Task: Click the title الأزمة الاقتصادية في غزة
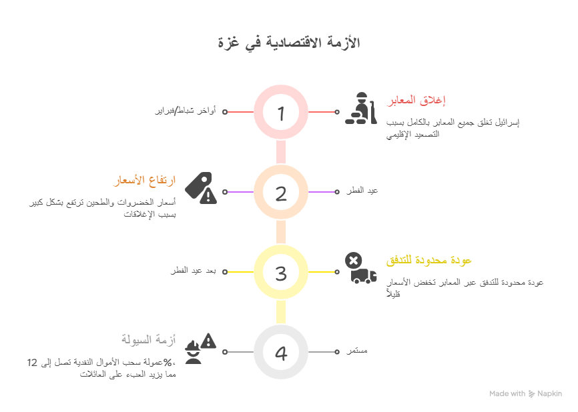(288, 43)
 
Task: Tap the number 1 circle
(281, 112)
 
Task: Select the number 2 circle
(281, 192)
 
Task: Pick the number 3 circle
(281, 272)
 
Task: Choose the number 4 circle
(281, 352)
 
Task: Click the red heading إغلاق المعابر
(416, 100)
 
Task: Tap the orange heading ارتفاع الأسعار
(145, 180)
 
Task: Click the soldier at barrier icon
(360, 109)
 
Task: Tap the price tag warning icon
(200, 188)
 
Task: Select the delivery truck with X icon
(360, 269)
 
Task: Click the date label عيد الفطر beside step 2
(362, 191)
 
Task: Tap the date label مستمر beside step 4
(357, 351)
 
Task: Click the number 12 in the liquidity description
(33, 363)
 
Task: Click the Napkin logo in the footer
(532, 394)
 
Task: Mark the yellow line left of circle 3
(240, 271)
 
